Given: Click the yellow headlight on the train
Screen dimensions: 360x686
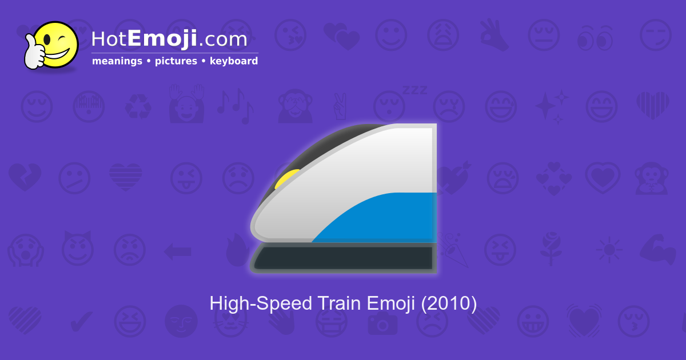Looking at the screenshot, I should (x=285, y=179).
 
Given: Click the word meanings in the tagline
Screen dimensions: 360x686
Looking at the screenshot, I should (x=117, y=61).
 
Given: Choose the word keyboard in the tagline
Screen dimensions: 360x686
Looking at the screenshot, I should (x=234, y=61).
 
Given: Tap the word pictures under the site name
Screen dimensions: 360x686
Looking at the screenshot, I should (x=176, y=61).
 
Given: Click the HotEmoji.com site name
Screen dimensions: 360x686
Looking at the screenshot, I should (x=169, y=39).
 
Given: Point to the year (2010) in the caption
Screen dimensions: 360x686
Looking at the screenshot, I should (x=449, y=303).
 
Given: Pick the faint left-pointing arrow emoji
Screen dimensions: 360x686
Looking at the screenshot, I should (x=177, y=250).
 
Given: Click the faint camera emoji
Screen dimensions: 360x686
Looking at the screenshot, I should (x=382, y=323).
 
